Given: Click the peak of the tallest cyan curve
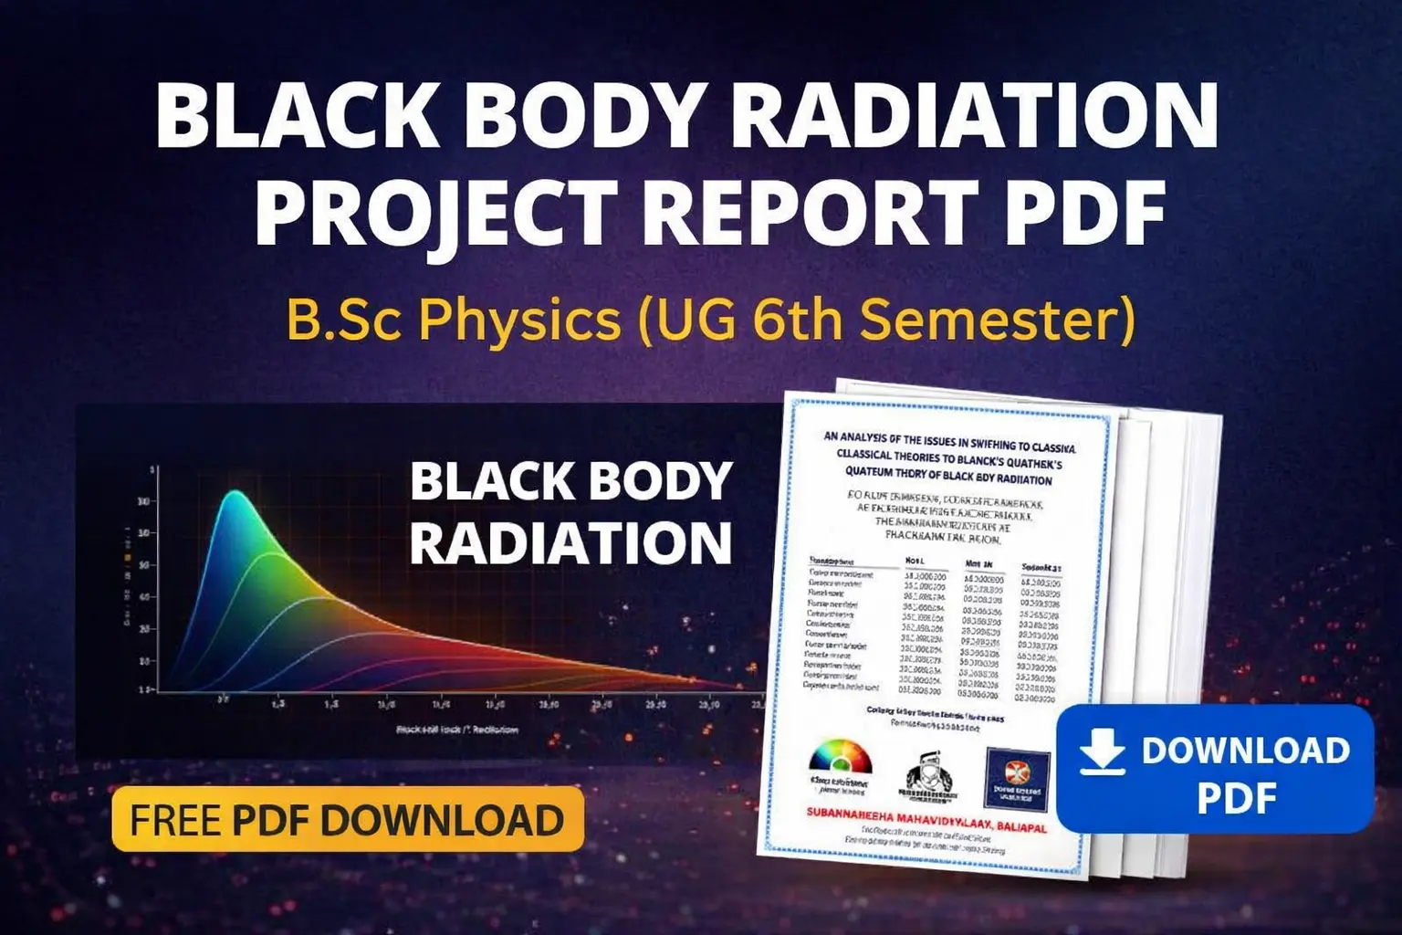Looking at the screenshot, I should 235,494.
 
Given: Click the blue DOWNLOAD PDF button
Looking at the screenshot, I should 1214,769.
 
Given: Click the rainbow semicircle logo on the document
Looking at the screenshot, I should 841,758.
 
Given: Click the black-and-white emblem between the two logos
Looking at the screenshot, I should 929,776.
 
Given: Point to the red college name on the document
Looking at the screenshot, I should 926,818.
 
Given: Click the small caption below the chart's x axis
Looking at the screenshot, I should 457,730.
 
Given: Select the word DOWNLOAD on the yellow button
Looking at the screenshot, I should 442,820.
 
